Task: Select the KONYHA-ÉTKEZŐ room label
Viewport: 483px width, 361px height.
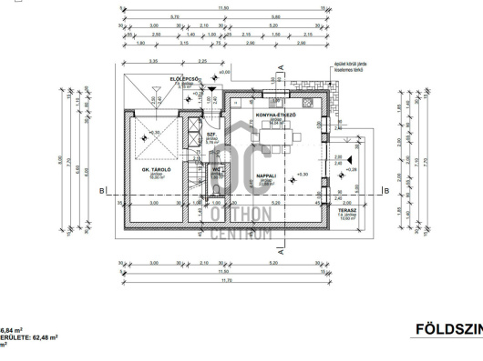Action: coord(272,115)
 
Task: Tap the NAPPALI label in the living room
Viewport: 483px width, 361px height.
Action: coord(267,176)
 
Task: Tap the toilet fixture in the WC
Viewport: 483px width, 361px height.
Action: coord(215,189)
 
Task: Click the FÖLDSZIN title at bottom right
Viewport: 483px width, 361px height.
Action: coord(447,329)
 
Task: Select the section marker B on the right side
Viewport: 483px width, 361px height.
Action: coord(386,191)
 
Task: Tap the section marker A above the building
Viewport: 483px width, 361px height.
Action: coord(284,66)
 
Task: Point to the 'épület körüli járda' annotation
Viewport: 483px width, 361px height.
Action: coord(349,65)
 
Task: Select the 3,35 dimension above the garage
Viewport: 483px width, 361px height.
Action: coord(151,61)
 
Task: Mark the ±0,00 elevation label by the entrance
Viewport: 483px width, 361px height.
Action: coord(224,71)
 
